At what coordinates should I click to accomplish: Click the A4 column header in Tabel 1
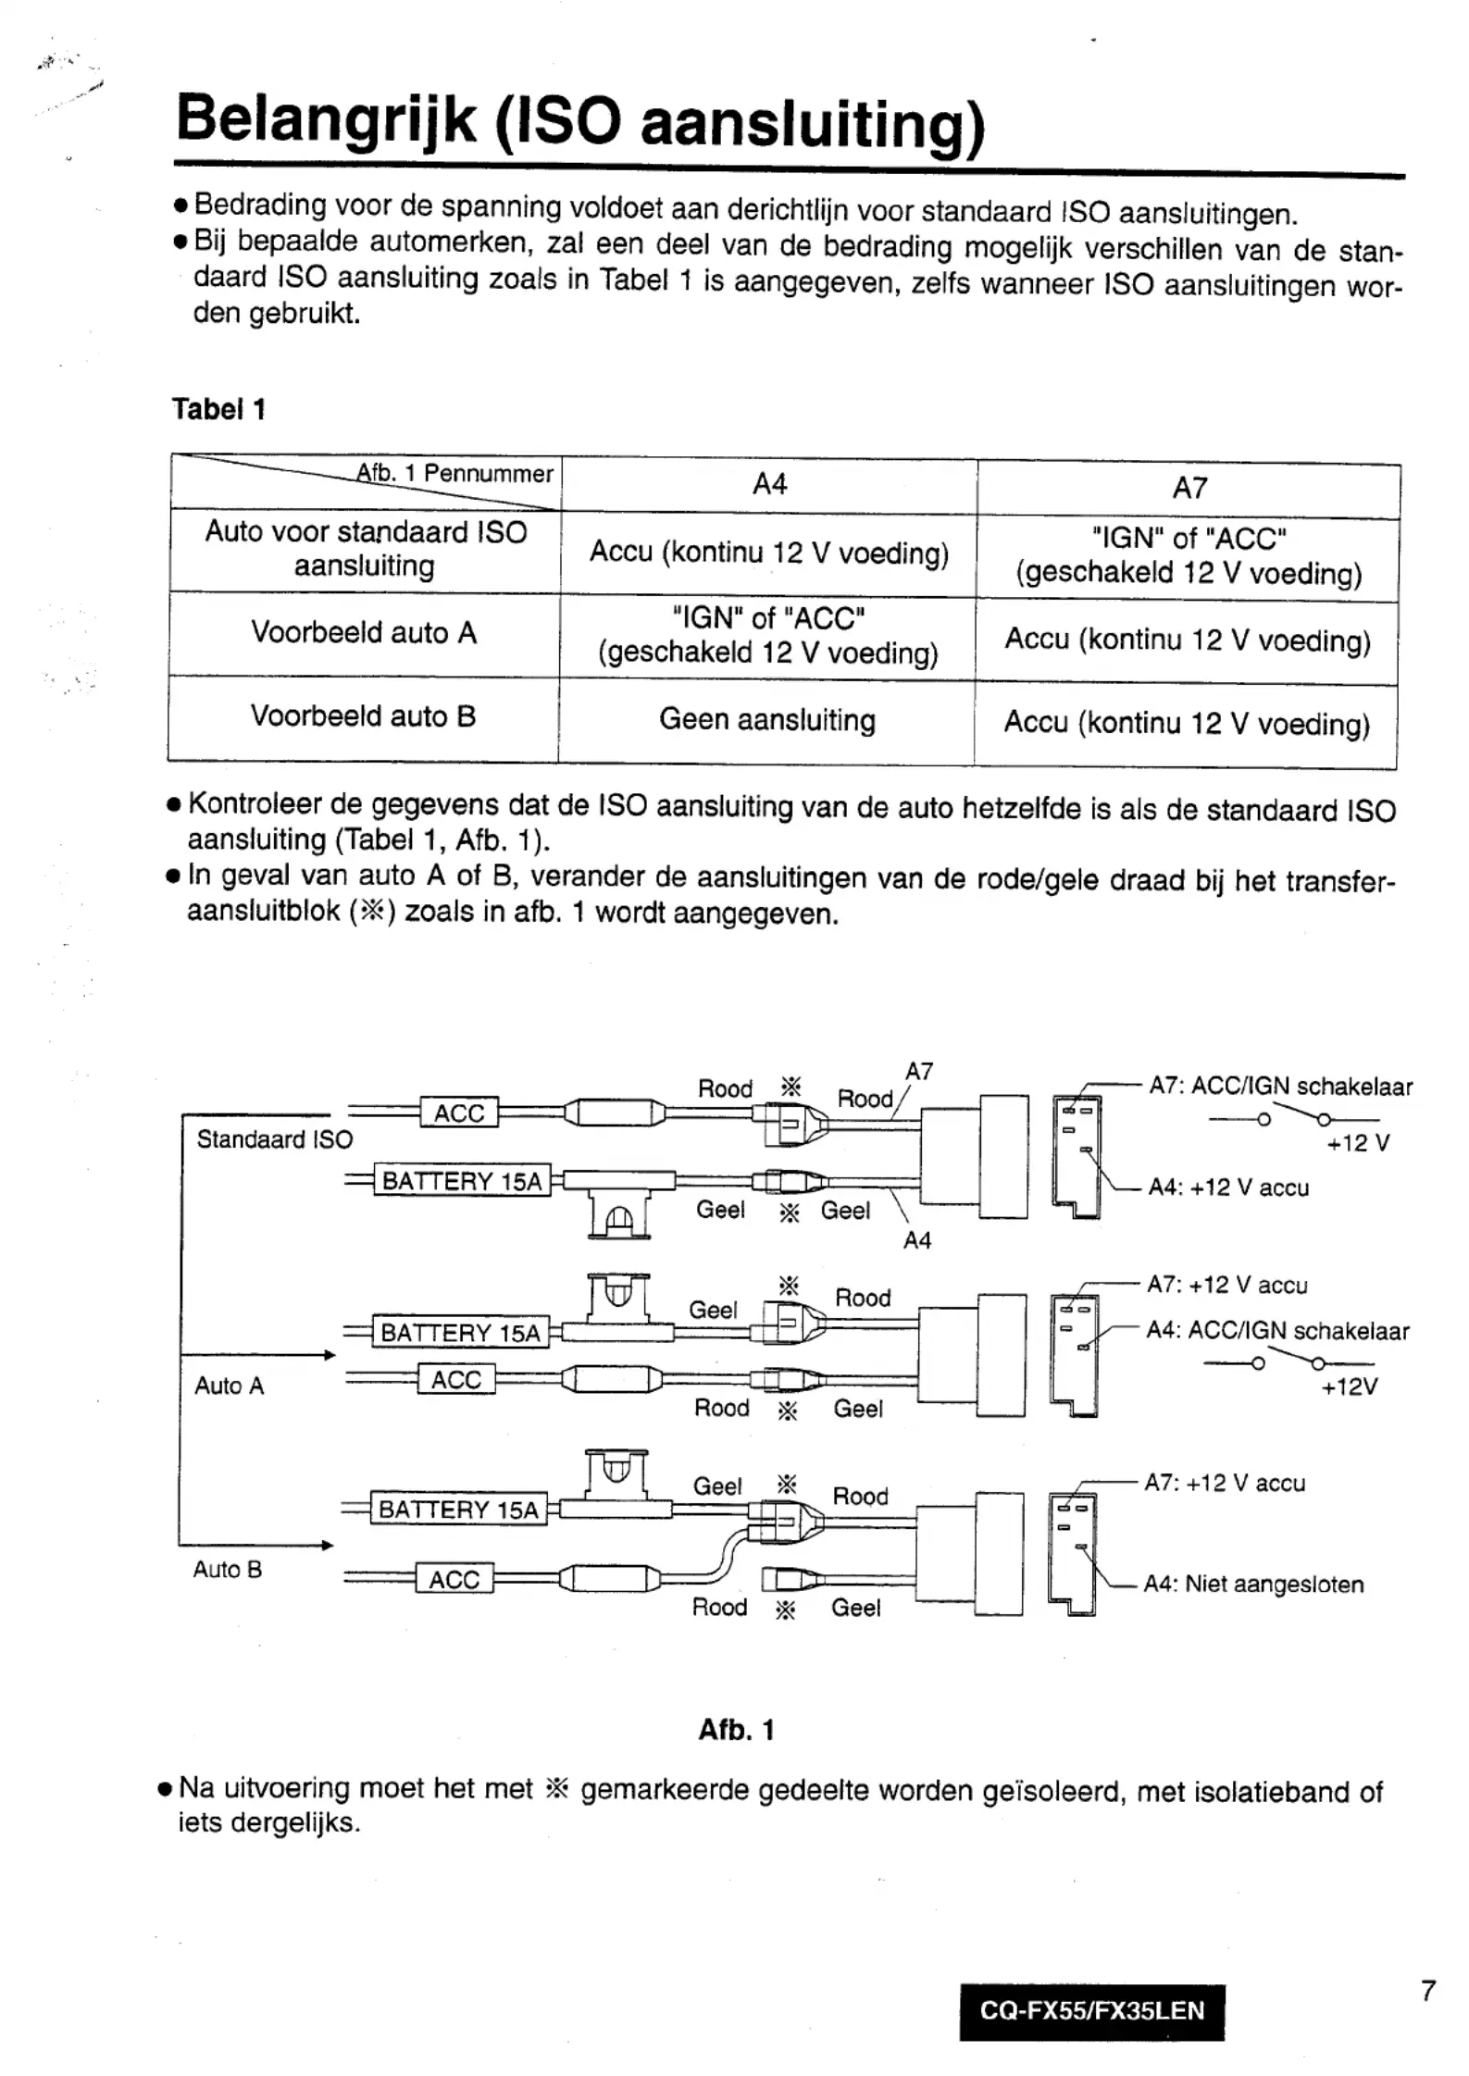769,484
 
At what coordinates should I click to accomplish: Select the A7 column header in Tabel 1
1189,488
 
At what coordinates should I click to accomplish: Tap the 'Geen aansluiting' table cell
766,719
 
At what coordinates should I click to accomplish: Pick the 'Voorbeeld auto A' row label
364,633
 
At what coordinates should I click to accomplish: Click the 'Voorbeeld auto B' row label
363,715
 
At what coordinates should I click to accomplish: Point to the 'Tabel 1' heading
218,409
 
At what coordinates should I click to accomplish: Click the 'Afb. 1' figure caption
736,1730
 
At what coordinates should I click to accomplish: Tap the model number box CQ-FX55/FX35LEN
1091,2010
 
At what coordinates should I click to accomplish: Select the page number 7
1428,1990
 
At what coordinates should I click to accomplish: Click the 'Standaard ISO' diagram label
275,1139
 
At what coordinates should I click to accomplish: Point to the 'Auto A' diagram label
229,1386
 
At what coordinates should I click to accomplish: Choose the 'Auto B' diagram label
227,1570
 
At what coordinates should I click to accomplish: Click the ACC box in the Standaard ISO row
459,1113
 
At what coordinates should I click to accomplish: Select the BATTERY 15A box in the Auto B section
458,1510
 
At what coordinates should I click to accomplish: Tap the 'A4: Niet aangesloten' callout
1253,1585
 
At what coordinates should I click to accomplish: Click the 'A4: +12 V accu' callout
1228,1187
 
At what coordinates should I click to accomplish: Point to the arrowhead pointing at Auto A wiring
329,1356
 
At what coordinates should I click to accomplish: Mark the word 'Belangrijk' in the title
327,122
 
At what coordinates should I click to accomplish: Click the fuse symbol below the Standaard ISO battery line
619,1213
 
